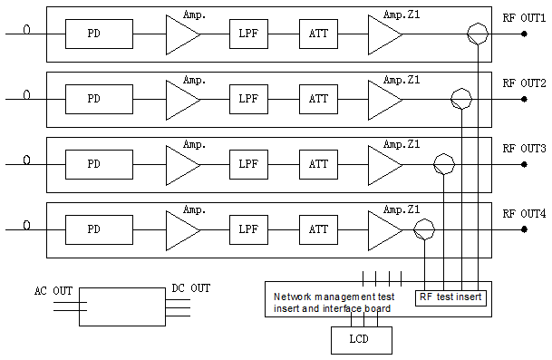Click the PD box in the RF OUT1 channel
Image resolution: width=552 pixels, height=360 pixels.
point(93,34)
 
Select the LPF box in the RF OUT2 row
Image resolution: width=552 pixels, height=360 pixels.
point(248,99)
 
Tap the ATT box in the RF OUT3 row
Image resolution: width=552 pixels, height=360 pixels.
point(318,164)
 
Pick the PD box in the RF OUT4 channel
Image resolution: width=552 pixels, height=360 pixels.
point(93,229)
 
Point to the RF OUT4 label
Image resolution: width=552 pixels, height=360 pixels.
point(524,213)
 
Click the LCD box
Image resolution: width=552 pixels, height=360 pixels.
point(360,340)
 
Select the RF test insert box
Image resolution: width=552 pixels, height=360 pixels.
point(450,297)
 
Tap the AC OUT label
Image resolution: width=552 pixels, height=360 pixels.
point(53,291)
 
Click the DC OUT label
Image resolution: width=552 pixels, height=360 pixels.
point(190,288)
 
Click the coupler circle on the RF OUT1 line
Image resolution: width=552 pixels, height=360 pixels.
point(478,34)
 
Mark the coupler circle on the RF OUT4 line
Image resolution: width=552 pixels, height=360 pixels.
point(422,229)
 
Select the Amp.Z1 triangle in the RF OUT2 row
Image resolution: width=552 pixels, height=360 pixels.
point(383,99)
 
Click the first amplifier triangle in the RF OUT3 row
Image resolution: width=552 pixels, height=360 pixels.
point(181,164)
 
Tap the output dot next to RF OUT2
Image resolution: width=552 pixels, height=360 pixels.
point(524,99)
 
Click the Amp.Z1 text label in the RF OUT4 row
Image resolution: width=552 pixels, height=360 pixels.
point(401,210)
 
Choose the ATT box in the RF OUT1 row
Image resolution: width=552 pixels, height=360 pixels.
point(318,34)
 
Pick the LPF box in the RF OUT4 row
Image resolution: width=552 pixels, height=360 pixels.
point(248,229)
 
